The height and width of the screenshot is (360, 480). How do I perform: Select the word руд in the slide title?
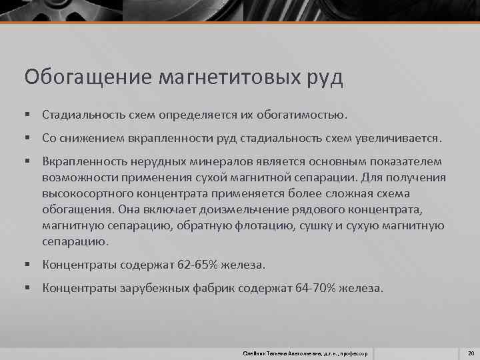324,77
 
